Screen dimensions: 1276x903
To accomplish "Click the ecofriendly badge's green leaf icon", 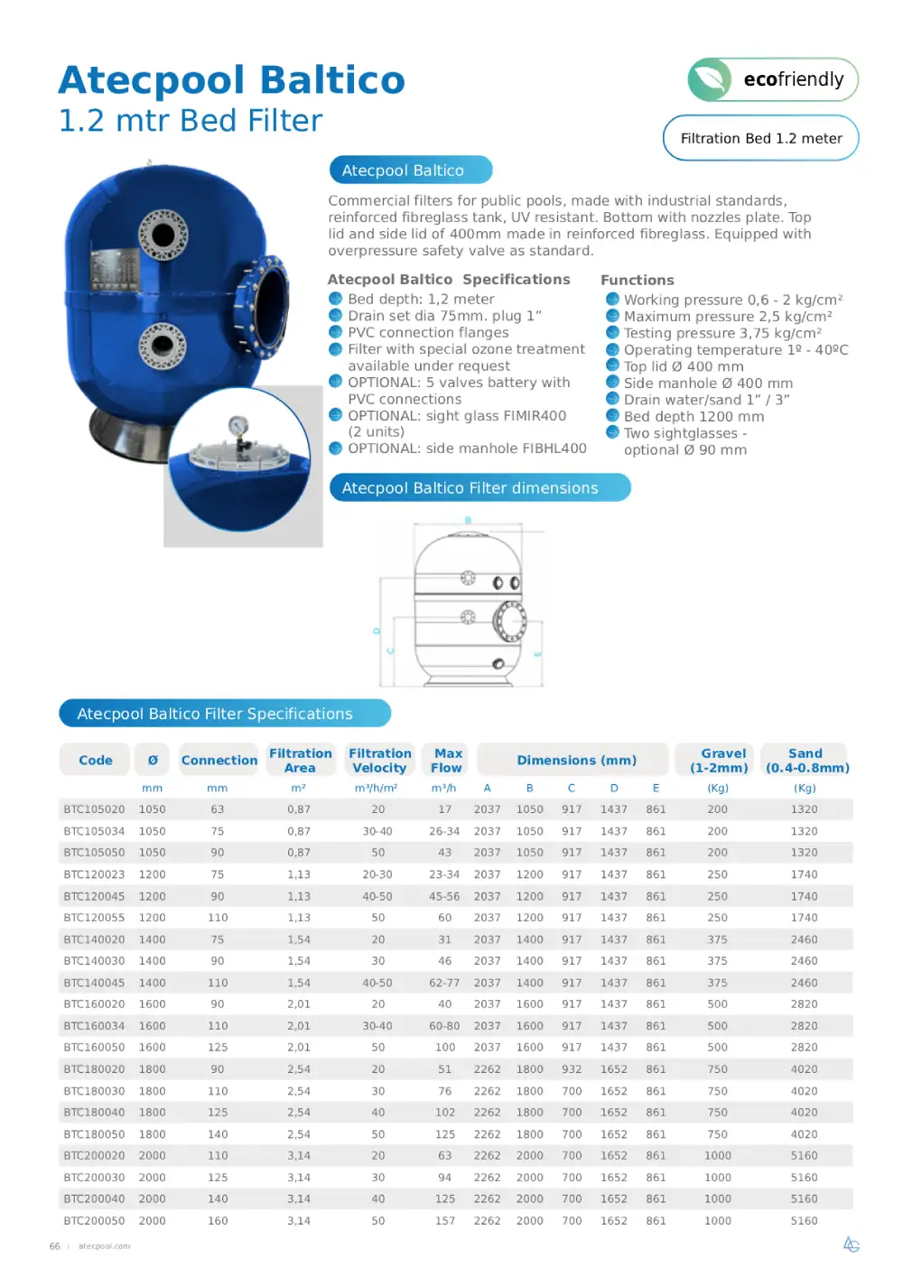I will click(711, 79).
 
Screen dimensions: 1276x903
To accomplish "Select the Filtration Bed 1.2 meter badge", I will click(760, 138).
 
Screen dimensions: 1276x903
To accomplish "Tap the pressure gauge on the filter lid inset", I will click(238, 427).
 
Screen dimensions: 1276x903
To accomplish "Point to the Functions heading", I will click(637, 280).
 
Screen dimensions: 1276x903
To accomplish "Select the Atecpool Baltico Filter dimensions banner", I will click(479, 488).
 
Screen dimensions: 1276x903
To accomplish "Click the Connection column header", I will click(219, 761).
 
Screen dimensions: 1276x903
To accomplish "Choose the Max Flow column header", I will click(447, 761).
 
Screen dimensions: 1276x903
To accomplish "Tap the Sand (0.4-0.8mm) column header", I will click(805, 761).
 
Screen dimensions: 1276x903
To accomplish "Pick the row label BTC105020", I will click(94, 809).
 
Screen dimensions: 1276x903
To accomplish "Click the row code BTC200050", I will click(94, 1221).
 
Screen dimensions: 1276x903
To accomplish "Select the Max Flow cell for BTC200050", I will click(445, 1221).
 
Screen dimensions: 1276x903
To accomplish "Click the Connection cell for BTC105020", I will click(217, 809).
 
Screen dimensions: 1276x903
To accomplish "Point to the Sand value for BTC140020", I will click(804, 939).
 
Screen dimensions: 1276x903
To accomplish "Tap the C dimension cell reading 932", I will click(572, 1069).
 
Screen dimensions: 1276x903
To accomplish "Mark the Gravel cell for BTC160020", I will click(718, 1004).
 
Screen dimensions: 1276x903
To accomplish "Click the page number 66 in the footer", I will click(54, 1246).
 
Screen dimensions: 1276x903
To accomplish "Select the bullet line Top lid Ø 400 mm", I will click(684, 366).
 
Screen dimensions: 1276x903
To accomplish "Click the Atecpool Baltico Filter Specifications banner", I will click(225, 714).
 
